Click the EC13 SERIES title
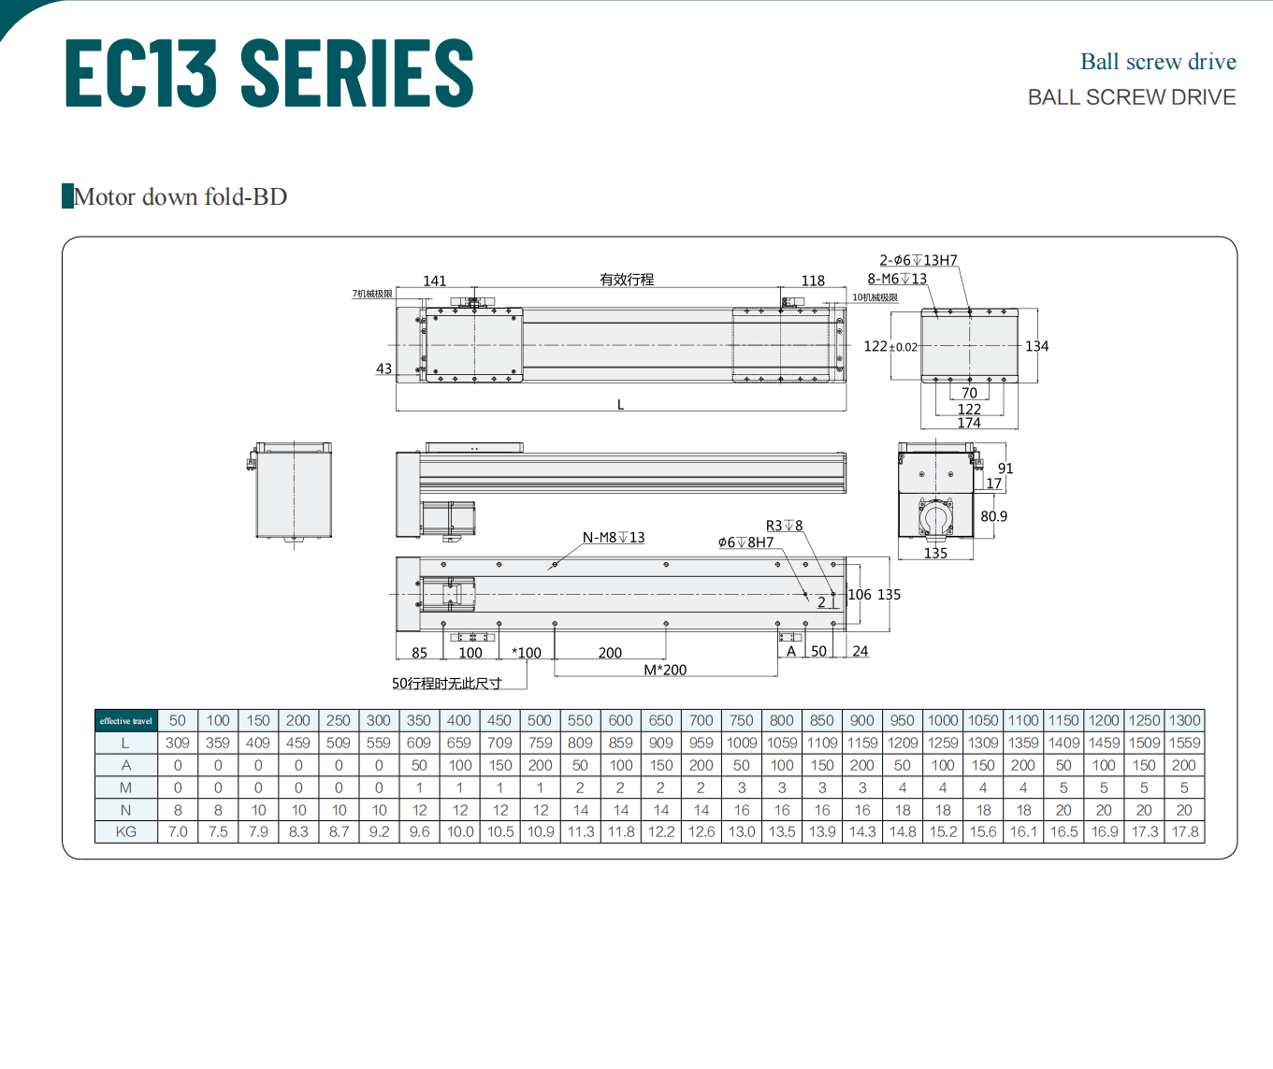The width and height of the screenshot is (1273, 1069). [268, 72]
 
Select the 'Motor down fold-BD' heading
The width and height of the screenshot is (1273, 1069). [180, 197]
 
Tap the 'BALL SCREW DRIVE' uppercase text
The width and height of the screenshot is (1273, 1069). [1132, 97]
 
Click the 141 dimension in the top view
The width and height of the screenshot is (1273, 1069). [435, 281]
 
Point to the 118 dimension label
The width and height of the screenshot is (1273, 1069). [813, 281]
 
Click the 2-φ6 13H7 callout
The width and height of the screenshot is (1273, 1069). [919, 260]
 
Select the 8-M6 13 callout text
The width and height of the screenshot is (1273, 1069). [897, 279]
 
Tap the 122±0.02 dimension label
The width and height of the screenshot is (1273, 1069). [890, 346]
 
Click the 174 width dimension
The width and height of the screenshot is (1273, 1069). [969, 423]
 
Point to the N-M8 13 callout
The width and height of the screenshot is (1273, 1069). [614, 537]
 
